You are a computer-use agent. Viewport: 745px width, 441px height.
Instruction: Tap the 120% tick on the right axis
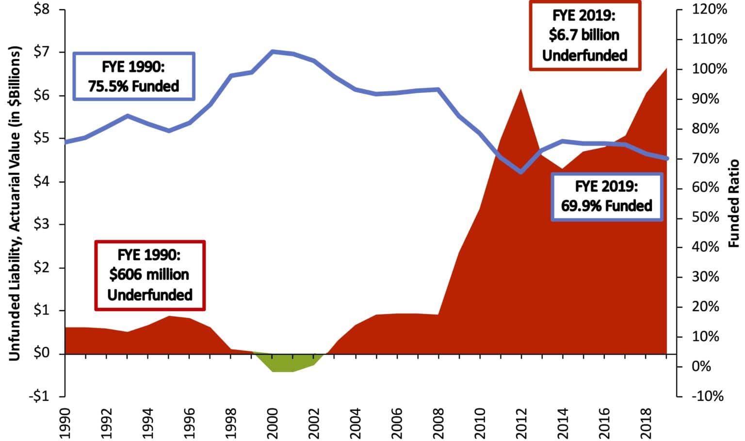pos(709,10)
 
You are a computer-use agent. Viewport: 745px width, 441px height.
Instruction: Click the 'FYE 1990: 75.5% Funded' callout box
pos(134,77)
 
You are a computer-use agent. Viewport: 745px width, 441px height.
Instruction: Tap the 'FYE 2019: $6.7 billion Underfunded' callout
pos(584,35)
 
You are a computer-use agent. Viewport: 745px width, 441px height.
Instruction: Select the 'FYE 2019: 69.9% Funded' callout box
pos(607,197)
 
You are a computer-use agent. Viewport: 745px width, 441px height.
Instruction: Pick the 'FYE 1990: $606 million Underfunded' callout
pos(150,275)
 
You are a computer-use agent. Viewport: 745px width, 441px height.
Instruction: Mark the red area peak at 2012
pos(521,90)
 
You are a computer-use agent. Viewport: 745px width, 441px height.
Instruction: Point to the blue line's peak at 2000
pos(273,51)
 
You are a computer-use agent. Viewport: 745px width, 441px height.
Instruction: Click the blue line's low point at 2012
pos(521,172)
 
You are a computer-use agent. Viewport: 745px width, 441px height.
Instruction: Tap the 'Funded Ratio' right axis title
pos(734,203)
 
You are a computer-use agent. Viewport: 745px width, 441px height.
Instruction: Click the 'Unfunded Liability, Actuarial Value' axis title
pos(15,204)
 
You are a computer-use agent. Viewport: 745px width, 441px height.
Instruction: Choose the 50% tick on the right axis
pos(706,218)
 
